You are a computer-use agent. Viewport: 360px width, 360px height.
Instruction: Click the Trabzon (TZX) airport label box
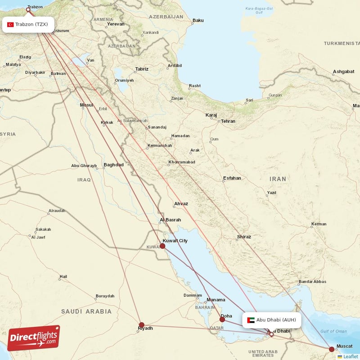pos(28,24)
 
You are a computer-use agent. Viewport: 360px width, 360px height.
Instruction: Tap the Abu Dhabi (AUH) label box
pos(271,320)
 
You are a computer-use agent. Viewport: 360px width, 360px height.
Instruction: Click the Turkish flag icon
pos(10,24)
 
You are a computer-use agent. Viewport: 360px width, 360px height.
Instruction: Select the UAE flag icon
pos(251,320)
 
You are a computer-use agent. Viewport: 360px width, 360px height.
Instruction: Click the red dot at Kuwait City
pos(162,246)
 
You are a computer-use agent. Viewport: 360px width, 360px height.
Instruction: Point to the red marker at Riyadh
pos(142,324)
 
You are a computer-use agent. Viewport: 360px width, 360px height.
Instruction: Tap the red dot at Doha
pos(222,319)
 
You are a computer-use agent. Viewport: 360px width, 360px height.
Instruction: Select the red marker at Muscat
pos(332,349)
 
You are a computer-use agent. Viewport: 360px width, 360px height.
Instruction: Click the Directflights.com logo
pos(34,338)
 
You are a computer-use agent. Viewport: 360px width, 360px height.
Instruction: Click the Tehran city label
pos(228,121)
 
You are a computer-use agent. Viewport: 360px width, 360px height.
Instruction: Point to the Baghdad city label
pos(113,165)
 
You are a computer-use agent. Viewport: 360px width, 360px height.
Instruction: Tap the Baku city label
pos(198,20)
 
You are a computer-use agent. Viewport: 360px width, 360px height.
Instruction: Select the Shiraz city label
pos(244,236)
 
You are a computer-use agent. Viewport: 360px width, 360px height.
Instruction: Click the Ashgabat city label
pos(344,72)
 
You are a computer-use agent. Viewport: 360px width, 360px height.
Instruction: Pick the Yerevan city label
pos(116,24)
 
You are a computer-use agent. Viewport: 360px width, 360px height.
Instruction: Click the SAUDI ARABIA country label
pos(86,311)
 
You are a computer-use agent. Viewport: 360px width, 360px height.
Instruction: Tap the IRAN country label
pos(278,179)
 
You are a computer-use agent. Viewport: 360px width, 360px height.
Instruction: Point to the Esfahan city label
pos(232,178)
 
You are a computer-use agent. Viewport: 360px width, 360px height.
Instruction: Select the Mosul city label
pos(86,105)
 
